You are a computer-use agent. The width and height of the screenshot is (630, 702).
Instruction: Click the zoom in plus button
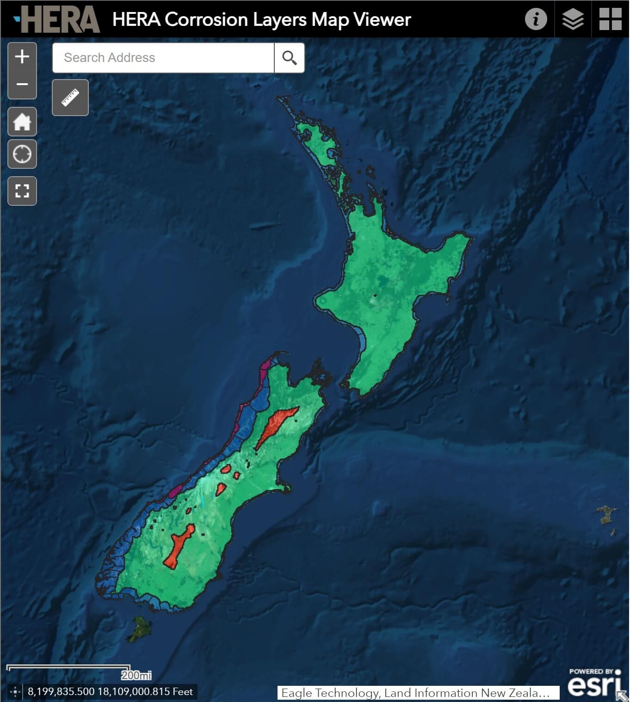click(x=22, y=57)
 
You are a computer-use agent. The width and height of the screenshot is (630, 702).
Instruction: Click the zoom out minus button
click(x=22, y=84)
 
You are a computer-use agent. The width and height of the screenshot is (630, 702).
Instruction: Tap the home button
click(x=22, y=122)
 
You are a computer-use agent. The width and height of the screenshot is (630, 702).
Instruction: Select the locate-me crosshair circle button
click(x=22, y=154)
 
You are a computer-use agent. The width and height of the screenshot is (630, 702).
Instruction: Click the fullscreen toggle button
click(x=22, y=191)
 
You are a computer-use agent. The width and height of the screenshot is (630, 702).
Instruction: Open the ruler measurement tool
click(x=70, y=98)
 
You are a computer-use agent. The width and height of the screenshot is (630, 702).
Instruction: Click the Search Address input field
click(x=163, y=58)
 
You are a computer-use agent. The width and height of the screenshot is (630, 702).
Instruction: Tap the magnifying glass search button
click(x=290, y=58)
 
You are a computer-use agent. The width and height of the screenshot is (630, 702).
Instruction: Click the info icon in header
click(x=536, y=19)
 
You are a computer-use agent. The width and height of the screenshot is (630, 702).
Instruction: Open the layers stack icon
click(x=573, y=19)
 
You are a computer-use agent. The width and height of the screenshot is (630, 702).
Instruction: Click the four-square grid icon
click(x=610, y=19)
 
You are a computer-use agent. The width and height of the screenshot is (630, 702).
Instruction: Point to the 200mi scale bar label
click(x=136, y=675)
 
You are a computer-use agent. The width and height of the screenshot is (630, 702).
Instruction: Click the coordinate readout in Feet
click(x=110, y=691)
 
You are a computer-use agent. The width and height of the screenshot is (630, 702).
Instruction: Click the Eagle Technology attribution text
click(x=415, y=693)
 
